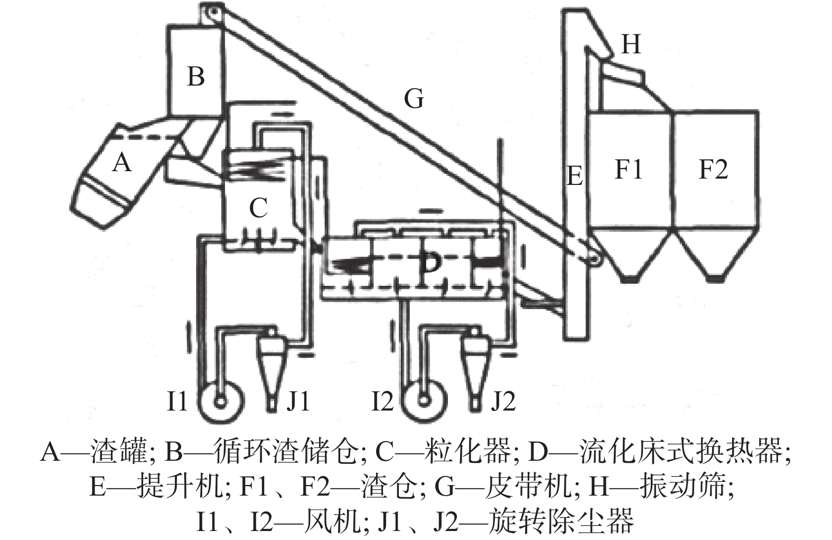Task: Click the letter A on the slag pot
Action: point(122,162)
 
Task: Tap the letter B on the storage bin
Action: point(196,77)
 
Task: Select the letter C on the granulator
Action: point(258,208)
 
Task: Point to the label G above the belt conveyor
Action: point(414,99)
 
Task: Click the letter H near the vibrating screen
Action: point(631,44)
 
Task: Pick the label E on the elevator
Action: point(574,175)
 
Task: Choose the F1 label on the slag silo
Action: point(629,170)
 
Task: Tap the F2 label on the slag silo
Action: point(713,170)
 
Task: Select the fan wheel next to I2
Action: point(423,401)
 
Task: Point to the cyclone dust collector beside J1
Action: point(272,367)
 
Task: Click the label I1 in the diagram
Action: point(177,402)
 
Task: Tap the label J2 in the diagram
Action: point(502,402)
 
